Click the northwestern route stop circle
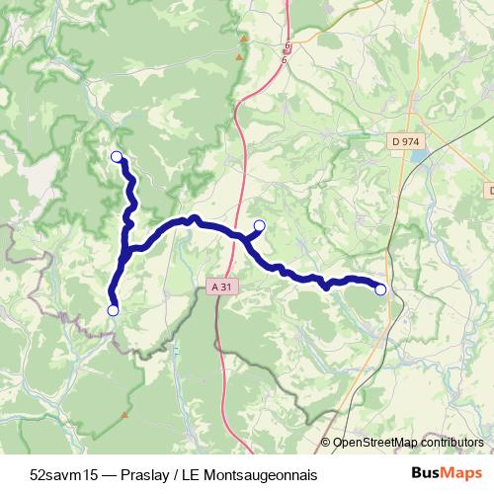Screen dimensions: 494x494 coord(117,156)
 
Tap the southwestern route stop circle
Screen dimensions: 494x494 coord(113,310)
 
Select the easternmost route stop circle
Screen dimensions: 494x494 coord(381,289)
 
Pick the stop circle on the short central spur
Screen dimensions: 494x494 coord(260,225)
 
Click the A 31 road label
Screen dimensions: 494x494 coord(225,287)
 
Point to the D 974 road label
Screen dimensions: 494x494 coord(406,142)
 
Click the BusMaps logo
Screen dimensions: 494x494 coord(447,474)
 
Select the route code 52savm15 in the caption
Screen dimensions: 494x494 coord(61,474)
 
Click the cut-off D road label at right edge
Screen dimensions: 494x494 coord(490,190)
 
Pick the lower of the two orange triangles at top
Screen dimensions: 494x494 coord(238,58)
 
